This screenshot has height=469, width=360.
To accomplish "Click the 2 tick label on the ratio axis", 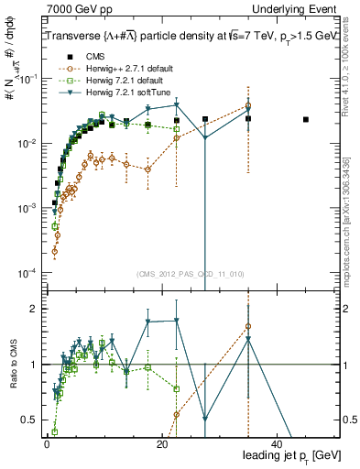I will [35, 309].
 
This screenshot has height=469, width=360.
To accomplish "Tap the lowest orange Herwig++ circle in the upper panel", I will [54, 251].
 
